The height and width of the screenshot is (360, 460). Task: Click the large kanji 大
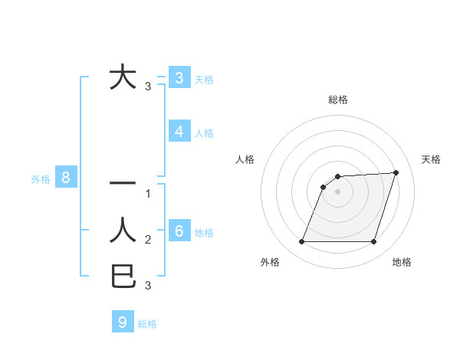coord(123,77)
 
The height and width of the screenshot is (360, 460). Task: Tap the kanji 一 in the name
coord(123,184)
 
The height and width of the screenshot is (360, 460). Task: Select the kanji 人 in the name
coord(123,230)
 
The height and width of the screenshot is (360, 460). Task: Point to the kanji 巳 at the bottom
coord(123,276)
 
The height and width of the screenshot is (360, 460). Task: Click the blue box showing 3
coord(179,77)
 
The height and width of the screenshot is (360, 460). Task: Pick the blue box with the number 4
coord(179,132)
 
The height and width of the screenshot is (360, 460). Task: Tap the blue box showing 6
coord(179,231)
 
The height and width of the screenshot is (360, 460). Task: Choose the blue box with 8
coord(67,178)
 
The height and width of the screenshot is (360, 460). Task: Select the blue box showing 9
coord(123,322)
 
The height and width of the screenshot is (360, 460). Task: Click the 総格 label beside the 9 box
coord(147,324)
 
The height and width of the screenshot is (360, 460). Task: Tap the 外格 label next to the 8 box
coord(41,180)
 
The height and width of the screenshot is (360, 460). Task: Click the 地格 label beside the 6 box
coord(204,233)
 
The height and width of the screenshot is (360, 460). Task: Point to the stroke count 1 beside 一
coord(149,194)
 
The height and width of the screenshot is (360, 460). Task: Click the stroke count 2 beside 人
coord(149,240)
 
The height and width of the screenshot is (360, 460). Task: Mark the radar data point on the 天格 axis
coord(396,172)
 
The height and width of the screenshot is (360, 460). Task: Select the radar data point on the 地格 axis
coord(373,242)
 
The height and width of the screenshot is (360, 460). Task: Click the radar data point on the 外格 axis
coord(301,242)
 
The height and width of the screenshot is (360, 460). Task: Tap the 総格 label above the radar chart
coord(337,100)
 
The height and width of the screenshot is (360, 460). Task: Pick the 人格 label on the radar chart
coord(245,159)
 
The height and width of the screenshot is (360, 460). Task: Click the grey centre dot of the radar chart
coord(337,191)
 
